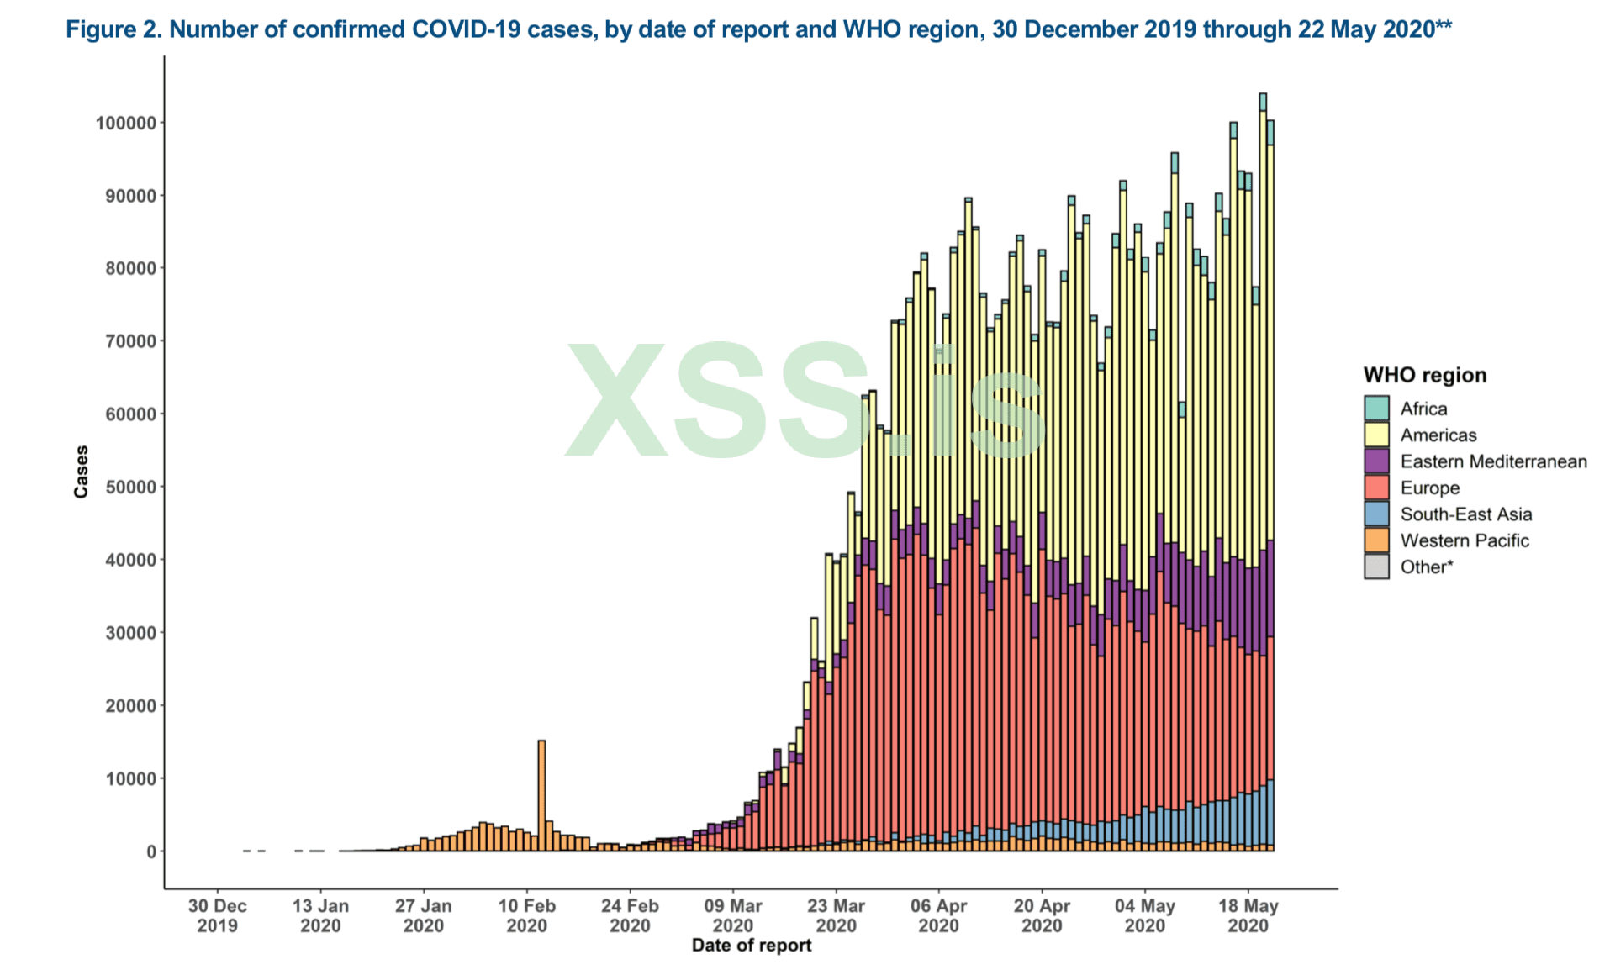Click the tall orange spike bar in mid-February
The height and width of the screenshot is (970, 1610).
pyautogui.click(x=541, y=795)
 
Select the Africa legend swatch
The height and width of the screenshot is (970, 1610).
pyautogui.click(x=1376, y=409)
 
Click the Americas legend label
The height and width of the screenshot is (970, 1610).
pyautogui.click(x=1438, y=435)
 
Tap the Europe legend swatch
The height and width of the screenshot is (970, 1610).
pyautogui.click(x=1376, y=488)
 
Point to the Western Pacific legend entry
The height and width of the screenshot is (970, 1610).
pyautogui.click(x=1464, y=540)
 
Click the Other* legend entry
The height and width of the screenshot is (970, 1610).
pyautogui.click(x=1426, y=567)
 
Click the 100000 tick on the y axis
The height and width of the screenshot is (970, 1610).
pyautogui.click(x=126, y=123)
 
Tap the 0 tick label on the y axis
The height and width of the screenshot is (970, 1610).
pyautogui.click(x=151, y=851)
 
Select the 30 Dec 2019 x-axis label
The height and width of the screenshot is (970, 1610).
pyautogui.click(x=217, y=916)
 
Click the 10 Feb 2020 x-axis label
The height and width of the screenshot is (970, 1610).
pyautogui.click(x=526, y=916)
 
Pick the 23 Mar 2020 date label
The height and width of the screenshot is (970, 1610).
pyautogui.click(x=836, y=916)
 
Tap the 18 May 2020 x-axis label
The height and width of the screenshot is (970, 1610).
pyautogui.click(x=1248, y=916)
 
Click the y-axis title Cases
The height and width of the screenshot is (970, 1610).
pyautogui.click(x=81, y=472)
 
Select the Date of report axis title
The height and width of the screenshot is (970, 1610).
pyautogui.click(x=752, y=946)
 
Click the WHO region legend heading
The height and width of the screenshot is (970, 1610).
pyautogui.click(x=1424, y=375)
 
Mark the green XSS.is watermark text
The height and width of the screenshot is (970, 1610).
pyautogui.click(x=803, y=402)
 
